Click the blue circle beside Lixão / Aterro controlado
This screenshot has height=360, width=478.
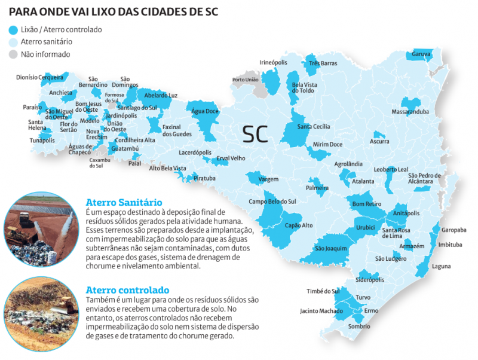click(13, 29)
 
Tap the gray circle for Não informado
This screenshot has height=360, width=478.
click(13, 54)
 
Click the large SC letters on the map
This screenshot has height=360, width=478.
click(255, 134)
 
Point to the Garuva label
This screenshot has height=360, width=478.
click(421, 54)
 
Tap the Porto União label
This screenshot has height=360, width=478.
click(246, 80)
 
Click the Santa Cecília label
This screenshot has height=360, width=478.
click(314, 127)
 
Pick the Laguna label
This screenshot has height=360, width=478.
click(442, 266)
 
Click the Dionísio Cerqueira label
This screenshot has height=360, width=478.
click(39, 77)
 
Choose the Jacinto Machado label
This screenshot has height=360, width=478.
click(321, 311)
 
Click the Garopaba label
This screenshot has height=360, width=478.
click(454, 230)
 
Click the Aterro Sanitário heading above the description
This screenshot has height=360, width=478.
click(124, 202)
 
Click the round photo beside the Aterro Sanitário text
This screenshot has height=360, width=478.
click(41, 228)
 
